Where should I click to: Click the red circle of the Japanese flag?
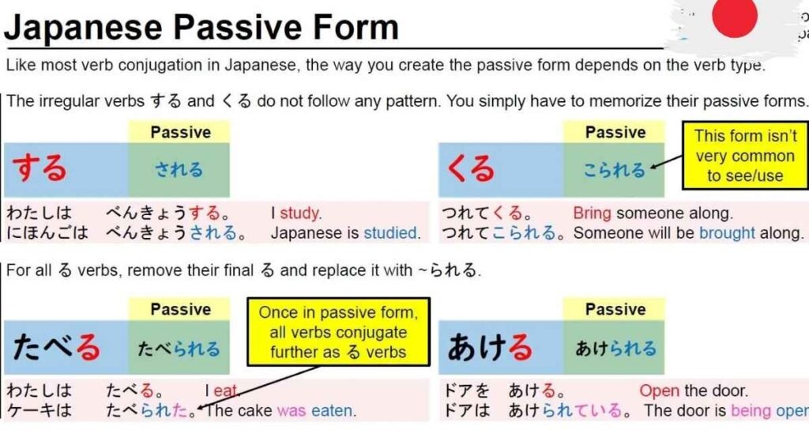[x=734, y=17]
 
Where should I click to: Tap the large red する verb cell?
[x=66, y=169]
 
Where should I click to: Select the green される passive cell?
[x=179, y=169]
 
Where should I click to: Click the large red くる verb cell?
[x=501, y=169]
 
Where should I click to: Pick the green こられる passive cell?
[x=614, y=169]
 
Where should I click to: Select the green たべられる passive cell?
[x=179, y=348]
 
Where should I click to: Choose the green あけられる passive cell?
[x=614, y=348]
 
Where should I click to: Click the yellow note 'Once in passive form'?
[x=337, y=332]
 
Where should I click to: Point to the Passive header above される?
[x=179, y=132]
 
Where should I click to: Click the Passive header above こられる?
[x=614, y=132]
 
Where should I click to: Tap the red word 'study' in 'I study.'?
[x=299, y=213]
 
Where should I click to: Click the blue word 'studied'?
[x=389, y=233]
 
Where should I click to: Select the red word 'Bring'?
[x=593, y=213]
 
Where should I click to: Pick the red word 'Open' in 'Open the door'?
[x=660, y=390]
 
